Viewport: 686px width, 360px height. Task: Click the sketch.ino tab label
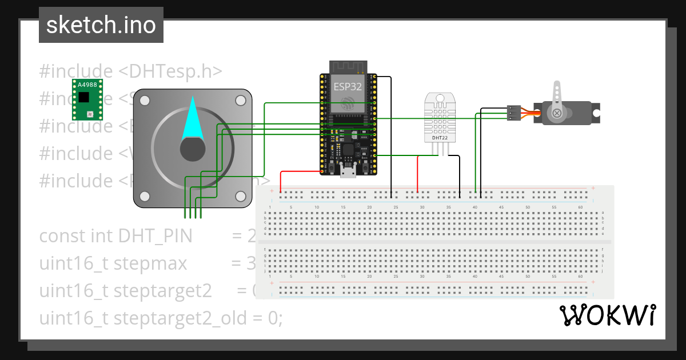(x=101, y=25)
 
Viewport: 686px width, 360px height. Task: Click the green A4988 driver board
(x=87, y=99)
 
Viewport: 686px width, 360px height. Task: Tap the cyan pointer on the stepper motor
(x=192, y=121)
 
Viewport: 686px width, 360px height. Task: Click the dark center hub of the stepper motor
(x=193, y=149)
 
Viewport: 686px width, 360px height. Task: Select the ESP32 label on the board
(x=348, y=86)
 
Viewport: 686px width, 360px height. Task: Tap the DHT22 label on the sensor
(x=440, y=138)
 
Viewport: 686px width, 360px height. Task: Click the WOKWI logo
(x=607, y=315)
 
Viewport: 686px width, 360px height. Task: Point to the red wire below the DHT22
(x=418, y=174)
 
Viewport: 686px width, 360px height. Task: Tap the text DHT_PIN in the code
(x=155, y=235)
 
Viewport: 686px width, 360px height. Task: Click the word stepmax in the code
(x=150, y=263)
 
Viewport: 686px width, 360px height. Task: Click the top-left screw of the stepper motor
(x=145, y=101)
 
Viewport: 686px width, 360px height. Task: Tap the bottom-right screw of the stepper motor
(x=240, y=196)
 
